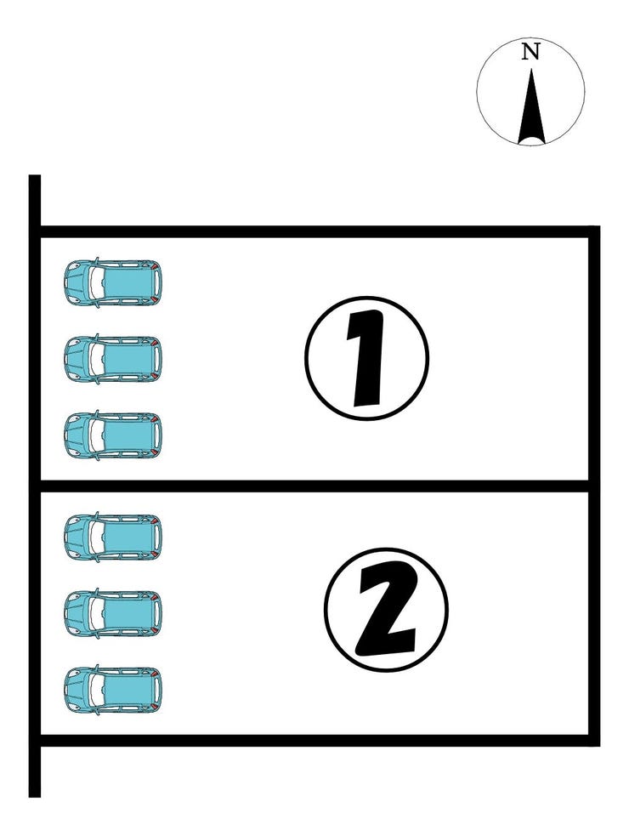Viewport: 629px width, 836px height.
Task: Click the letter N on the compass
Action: (x=530, y=52)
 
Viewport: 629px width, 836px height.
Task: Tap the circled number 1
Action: (x=366, y=358)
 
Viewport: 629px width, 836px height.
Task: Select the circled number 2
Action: (x=387, y=609)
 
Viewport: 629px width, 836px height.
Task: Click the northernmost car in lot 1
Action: (x=112, y=282)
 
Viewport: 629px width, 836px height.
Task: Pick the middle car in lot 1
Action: (x=112, y=358)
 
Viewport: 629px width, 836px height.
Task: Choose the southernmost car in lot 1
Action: (x=112, y=435)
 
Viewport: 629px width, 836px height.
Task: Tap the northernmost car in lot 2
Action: (x=112, y=537)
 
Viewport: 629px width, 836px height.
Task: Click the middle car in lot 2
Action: (x=112, y=612)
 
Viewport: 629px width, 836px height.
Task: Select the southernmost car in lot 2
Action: (x=112, y=689)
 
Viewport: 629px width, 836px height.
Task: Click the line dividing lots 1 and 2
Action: (x=314, y=486)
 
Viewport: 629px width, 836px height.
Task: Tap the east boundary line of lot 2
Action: (x=594, y=613)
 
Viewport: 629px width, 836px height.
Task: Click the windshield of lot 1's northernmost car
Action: (x=96, y=282)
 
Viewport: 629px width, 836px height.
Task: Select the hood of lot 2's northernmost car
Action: (x=76, y=537)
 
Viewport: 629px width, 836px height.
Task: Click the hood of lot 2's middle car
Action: (x=76, y=612)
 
